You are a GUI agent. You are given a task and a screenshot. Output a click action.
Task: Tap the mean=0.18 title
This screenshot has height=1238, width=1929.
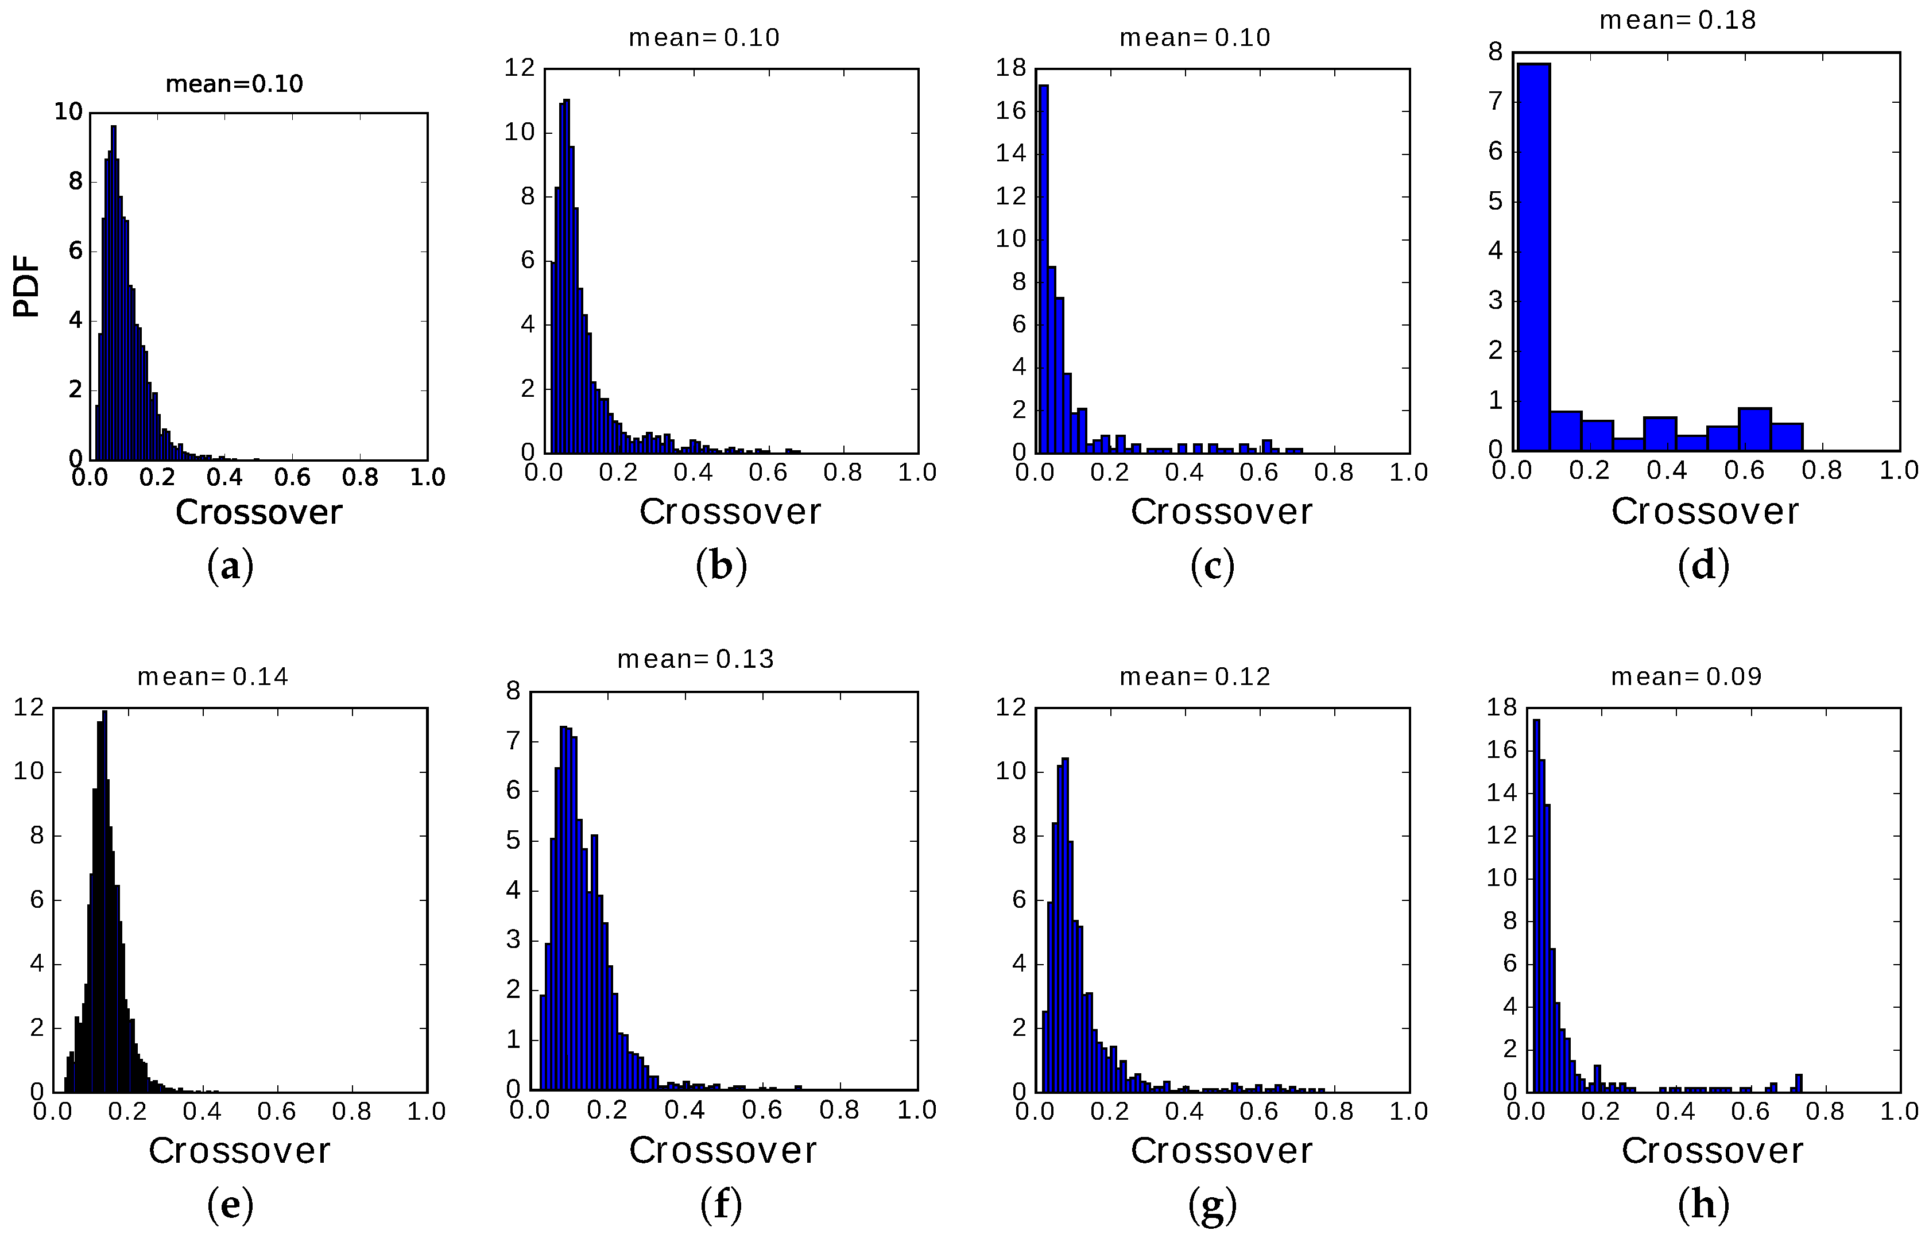tap(1678, 20)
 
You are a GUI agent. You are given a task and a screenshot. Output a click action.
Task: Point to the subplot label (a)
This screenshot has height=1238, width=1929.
tap(231, 567)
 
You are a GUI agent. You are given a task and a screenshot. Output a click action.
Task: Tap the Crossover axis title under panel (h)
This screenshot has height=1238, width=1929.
tap(1712, 1150)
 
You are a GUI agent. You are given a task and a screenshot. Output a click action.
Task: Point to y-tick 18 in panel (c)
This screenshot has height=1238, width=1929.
tap(1011, 68)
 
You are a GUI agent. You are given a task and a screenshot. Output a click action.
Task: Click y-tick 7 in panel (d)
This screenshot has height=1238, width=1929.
tap(1495, 102)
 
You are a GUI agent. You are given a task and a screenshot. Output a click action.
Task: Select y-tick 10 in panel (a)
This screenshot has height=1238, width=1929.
tap(69, 112)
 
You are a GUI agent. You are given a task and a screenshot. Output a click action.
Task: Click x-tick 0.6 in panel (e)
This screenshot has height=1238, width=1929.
tap(277, 1112)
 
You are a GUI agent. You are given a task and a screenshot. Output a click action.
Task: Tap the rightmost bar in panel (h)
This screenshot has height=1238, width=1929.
tap(1799, 1083)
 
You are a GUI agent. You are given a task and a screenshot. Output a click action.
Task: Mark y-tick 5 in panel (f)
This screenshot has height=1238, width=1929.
tap(514, 841)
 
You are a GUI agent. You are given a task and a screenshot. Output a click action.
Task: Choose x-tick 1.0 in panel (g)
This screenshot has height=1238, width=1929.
tap(1408, 1112)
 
